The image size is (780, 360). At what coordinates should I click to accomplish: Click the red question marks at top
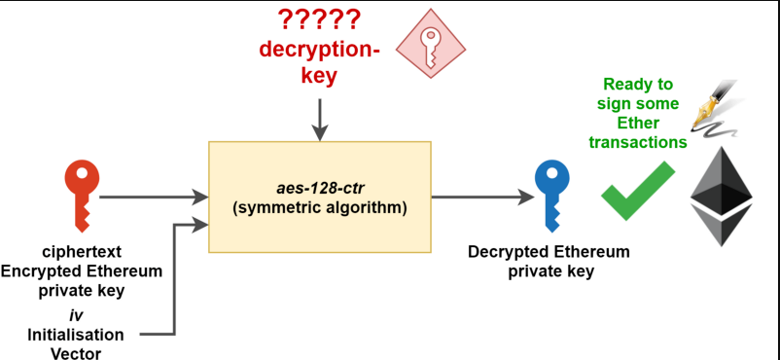tap(319, 18)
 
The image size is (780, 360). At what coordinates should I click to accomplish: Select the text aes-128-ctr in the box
tap(320, 187)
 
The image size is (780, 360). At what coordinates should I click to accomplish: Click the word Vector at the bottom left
tap(76, 351)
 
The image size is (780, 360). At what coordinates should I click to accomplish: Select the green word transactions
tap(637, 142)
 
